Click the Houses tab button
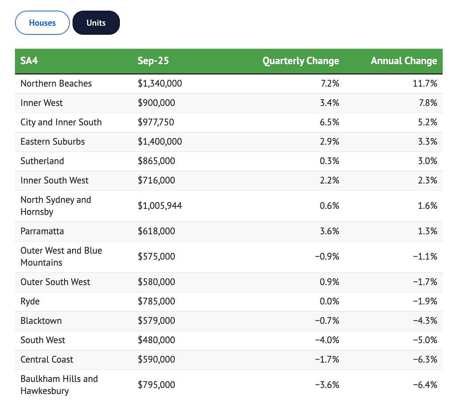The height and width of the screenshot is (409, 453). coord(42,23)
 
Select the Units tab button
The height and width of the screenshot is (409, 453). coord(96,23)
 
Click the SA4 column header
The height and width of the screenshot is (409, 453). coord(29,61)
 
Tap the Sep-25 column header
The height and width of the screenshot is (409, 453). coord(153,61)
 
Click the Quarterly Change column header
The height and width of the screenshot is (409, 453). coord(301,61)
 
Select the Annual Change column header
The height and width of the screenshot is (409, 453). coord(404,61)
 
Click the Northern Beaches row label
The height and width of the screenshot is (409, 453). coord(56,84)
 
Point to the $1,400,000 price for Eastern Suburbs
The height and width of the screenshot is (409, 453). coord(160,141)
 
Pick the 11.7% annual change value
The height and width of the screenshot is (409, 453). coord(425,84)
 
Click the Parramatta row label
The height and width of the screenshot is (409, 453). coord(42,231)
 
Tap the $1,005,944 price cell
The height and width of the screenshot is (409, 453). coord(160,206)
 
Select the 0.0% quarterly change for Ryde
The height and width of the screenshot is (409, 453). coord(329,301)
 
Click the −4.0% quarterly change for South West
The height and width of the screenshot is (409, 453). coord(327,340)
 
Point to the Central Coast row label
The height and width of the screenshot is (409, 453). coord(47,359)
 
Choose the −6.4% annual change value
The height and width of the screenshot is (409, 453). coord(425,385)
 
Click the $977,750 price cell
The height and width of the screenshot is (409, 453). coord(156,122)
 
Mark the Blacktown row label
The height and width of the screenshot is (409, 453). coord(41,321)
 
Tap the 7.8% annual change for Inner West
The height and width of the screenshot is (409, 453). coord(428,103)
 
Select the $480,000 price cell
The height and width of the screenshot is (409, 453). coord(156,340)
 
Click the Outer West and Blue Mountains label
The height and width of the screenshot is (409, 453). coord(61,256)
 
